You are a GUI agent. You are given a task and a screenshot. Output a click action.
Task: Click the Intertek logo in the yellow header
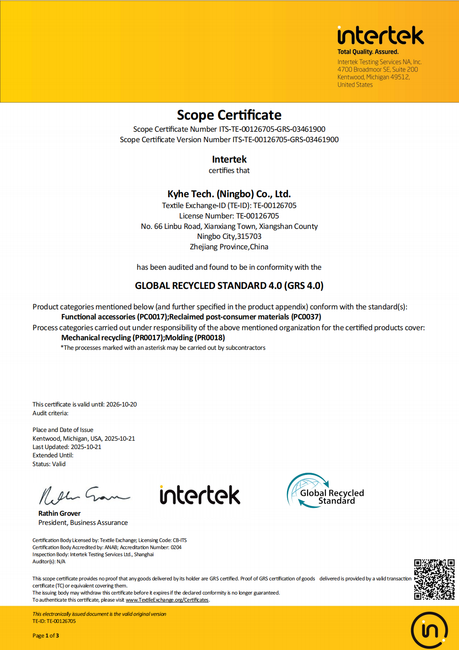[x=380, y=36]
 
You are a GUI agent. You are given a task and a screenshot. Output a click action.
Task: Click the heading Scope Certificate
[x=229, y=115]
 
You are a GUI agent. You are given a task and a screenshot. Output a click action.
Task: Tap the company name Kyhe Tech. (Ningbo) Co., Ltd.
[x=229, y=194]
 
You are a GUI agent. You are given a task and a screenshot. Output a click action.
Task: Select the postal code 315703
[x=249, y=236]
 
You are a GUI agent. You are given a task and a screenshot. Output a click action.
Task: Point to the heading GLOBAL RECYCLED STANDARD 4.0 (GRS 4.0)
[x=229, y=286]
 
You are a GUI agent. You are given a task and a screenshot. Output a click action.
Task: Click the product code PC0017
[x=152, y=317]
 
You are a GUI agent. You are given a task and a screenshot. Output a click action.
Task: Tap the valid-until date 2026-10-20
[x=121, y=404]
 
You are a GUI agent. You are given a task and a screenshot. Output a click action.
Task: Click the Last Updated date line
[x=67, y=447]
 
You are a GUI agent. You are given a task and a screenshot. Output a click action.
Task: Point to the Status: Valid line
[x=49, y=464]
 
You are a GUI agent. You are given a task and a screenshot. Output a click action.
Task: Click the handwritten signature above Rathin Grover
[x=83, y=495]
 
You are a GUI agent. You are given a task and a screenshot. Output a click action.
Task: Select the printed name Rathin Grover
[x=59, y=513]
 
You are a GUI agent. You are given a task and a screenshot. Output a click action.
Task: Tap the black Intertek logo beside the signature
[x=200, y=495]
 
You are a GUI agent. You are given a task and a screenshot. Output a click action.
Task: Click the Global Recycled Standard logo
[x=325, y=491]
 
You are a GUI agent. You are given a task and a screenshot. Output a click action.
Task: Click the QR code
[x=434, y=579]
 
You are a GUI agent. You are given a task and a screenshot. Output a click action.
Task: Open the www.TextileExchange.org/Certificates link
[x=167, y=600]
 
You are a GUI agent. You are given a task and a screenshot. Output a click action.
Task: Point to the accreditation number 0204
[x=176, y=547]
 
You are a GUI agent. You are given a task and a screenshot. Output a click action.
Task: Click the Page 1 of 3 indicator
[x=45, y=635]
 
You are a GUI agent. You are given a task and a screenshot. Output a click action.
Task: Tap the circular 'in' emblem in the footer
[x=429, y=630]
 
